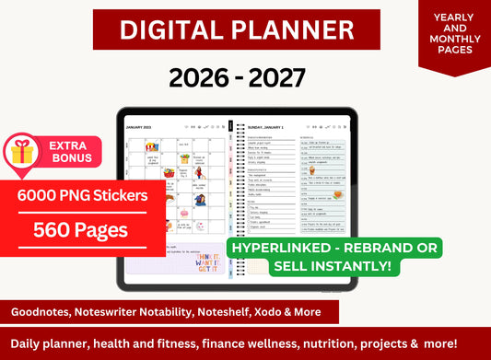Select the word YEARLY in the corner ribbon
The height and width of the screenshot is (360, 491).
(454, 17)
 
